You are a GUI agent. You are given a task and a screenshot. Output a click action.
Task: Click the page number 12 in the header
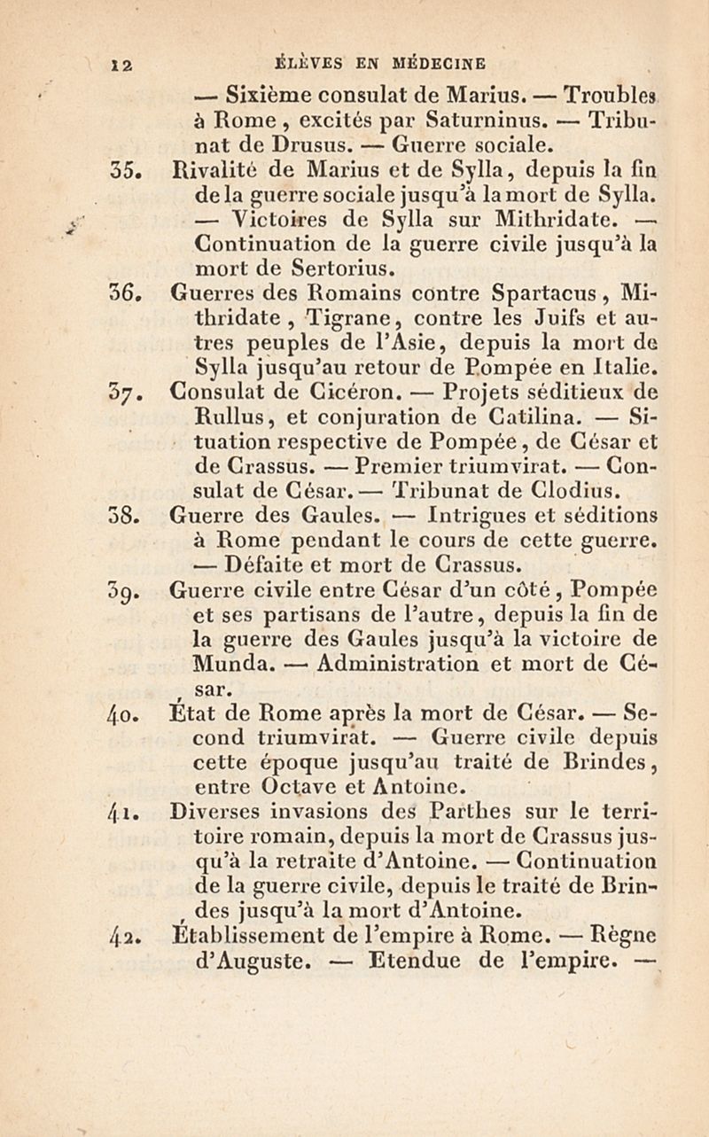pyautogui.click(x=121, y=64)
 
